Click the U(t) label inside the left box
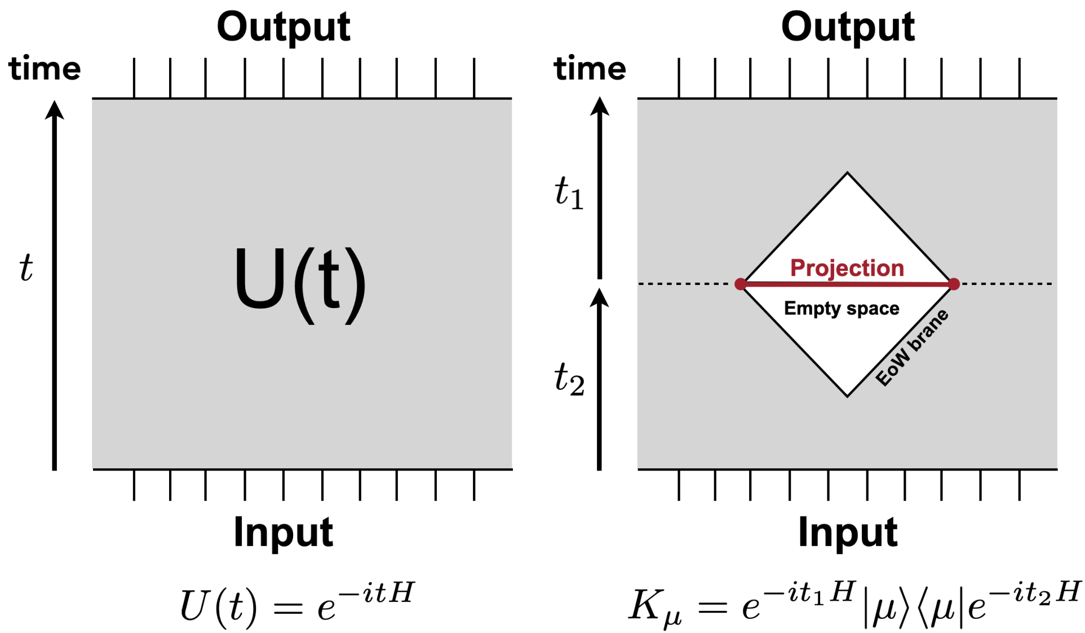(300, 284)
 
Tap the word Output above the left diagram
(284, 27)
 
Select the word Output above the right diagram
(848, 27)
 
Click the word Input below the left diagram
(284, 532)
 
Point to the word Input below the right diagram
(848, 532)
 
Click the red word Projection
(847, 268)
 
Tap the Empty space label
(842, 308)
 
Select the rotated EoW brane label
(912, 347)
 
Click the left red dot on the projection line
(741, 284)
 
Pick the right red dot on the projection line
(954, 284)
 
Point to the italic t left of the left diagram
(26, 267)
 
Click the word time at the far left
(45, 68)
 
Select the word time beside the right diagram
(590, 68)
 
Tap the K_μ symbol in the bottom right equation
(655, 608)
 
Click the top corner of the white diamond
(847, 173)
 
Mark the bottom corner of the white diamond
(847, 397)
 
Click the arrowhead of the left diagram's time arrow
(55, 109)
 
